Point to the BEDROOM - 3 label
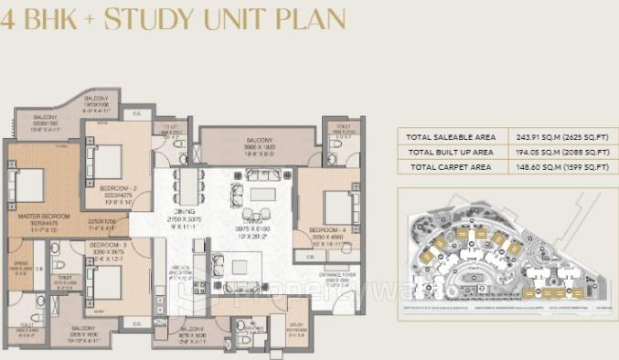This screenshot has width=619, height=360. point(108,245)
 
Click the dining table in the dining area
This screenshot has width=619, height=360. point(187,187)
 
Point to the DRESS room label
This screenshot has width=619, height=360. point(21,264)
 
